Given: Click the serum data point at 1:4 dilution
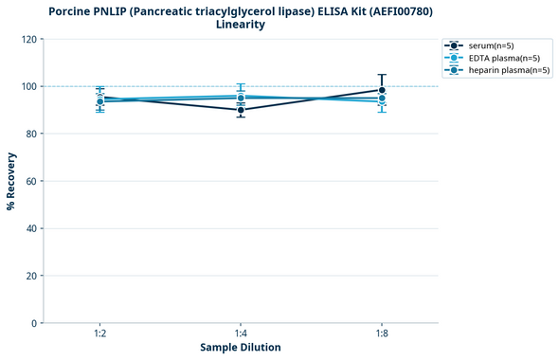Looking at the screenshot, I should pos(241,110).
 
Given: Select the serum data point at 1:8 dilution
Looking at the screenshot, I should pos(382,91).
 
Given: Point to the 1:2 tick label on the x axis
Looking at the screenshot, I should pos(99,334).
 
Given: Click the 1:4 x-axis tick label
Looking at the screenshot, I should pos(241,334).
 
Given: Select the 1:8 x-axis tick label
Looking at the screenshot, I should pos(382,334).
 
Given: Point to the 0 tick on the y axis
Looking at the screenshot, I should pos(34,323).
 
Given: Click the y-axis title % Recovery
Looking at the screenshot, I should pos(11,181).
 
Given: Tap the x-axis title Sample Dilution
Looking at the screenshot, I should pos(241,348).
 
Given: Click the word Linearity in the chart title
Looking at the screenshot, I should pos(241,25).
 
